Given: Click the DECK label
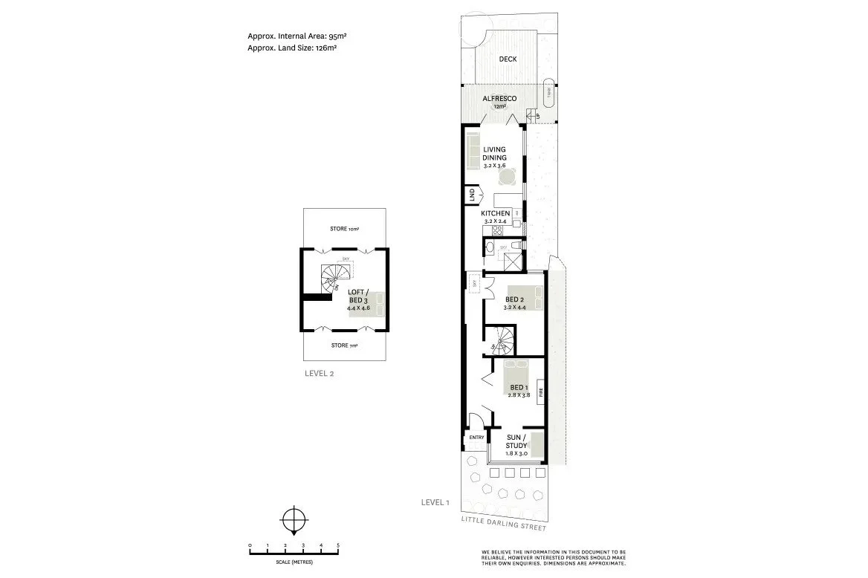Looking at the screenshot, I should (508, 59).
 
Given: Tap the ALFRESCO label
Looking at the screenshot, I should (499, 99).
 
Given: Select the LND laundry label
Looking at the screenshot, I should (471, 196).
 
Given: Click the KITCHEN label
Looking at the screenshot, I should (496, 213).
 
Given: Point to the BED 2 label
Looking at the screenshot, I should (514, 299).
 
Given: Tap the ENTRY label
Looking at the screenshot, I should (476, 438).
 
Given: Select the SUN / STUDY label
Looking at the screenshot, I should (516, 441).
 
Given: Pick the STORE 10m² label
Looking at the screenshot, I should (344, 229).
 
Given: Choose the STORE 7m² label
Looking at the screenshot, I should (344, 345).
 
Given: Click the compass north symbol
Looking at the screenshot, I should (295, 519).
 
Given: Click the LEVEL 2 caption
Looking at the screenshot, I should (320, 374).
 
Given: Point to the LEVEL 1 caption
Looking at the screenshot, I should (435, 503).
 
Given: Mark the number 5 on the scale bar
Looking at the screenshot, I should (338, 546).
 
